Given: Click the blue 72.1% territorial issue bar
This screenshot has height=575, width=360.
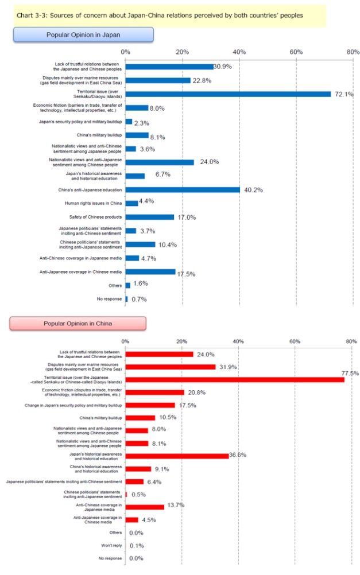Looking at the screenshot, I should click(228, 94).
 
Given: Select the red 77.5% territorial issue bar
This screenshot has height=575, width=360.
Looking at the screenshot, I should click(235, 379).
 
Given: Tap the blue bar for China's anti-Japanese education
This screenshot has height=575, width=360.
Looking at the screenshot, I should click(183, 189).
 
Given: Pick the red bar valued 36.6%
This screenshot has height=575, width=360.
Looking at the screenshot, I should click(177, 456).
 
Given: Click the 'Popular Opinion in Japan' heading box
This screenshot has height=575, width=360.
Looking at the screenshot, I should click(83, 35).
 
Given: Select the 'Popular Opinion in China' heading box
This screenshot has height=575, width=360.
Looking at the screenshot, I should click(79, 323).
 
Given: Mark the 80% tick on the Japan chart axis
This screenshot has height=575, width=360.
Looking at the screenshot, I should click(352, 52).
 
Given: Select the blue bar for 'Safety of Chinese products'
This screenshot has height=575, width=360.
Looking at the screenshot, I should click(150, 217).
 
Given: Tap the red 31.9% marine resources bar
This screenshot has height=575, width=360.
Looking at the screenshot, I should click(171, 367).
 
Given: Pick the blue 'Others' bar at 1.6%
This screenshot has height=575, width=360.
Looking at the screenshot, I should click(128, 285).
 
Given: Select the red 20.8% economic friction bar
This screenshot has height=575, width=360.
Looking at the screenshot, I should click(154, 393).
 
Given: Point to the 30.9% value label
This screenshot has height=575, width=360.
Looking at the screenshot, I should click(223, 67).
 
